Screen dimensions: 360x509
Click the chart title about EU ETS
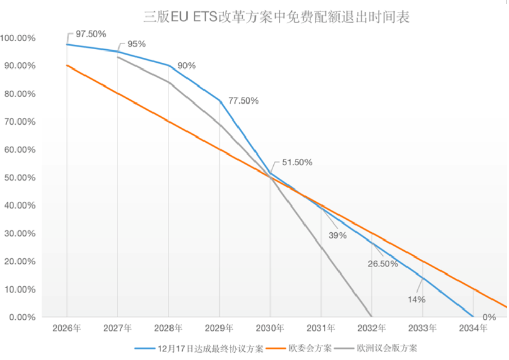pos(276,17)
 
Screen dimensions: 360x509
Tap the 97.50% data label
pos(91,34)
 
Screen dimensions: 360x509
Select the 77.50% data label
pos(243,100)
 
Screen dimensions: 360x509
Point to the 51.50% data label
pos(297,162)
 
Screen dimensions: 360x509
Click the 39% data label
pos(337,236)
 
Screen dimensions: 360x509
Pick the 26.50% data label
pos(383,264)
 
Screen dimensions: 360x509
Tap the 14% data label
pos(417,299)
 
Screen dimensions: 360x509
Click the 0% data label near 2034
pos(489,317)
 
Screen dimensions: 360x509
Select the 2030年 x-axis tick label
pos(270,328)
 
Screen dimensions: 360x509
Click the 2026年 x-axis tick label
pos(67,328)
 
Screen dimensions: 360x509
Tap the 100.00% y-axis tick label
pos(18,38)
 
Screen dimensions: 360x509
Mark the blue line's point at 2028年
pos(169,65)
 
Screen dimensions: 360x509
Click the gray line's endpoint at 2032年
pos(372,316)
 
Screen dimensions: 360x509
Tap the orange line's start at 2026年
pos(67,65)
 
